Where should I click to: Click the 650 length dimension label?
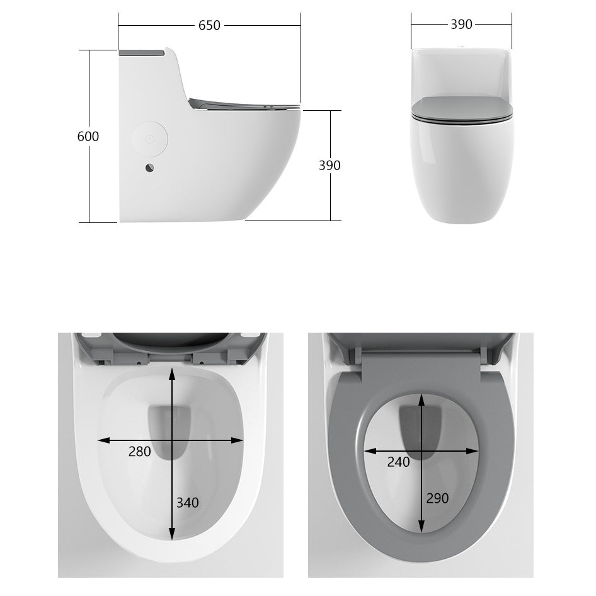(x=209, y=25)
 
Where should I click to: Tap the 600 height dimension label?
(x=88, y=136)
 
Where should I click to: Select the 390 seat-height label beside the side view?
(x=329, y=165)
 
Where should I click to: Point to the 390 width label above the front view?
(x=461, y=25)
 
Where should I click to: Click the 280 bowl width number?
(x=139, y=451)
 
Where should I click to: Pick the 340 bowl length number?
(x=187, y=502)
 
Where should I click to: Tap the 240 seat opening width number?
(x=398, y=462)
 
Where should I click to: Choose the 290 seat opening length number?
(x=437, y=498)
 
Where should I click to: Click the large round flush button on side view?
(x=150, y=138)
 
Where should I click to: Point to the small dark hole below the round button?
(x=149, y=168)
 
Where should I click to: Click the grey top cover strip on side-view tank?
(x=141, y=53)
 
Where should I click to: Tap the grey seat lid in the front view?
(x=462, y=108)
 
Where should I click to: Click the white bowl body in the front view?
(x=462, y=170)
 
